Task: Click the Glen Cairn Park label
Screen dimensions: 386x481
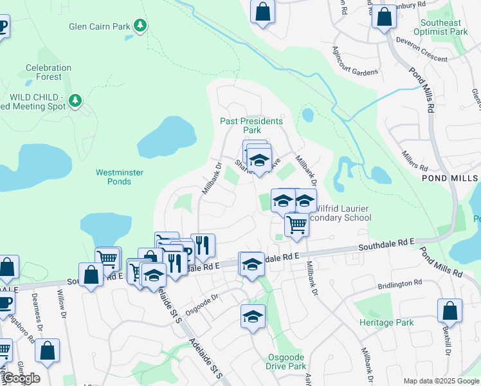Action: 99,26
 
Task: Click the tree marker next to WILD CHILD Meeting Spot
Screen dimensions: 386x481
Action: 76,100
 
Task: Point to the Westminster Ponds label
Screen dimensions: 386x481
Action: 114,177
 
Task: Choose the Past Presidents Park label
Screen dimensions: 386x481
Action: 251,125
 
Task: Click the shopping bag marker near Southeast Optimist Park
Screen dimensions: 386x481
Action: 385,17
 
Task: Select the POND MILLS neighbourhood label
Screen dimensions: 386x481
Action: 450,177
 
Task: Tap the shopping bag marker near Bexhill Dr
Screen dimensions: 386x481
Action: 449,310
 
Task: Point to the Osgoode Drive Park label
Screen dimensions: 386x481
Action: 286,362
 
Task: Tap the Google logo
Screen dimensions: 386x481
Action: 21,378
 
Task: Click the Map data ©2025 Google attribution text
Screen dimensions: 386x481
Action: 440,381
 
